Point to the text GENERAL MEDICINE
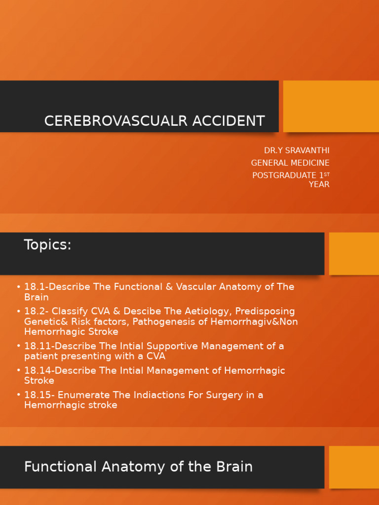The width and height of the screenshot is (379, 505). [x=290, y=163]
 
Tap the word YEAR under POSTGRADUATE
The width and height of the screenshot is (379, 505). [x=319, y=184]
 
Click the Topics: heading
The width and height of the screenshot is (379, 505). [x=48, y=245]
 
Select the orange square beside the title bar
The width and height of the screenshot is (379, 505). [x=331, y=106]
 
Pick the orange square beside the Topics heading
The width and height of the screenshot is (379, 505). [x=354, y=253]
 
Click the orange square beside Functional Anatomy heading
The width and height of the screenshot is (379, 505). [x=354, y=467]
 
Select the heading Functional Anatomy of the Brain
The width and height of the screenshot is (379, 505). [x=138, y=467]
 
